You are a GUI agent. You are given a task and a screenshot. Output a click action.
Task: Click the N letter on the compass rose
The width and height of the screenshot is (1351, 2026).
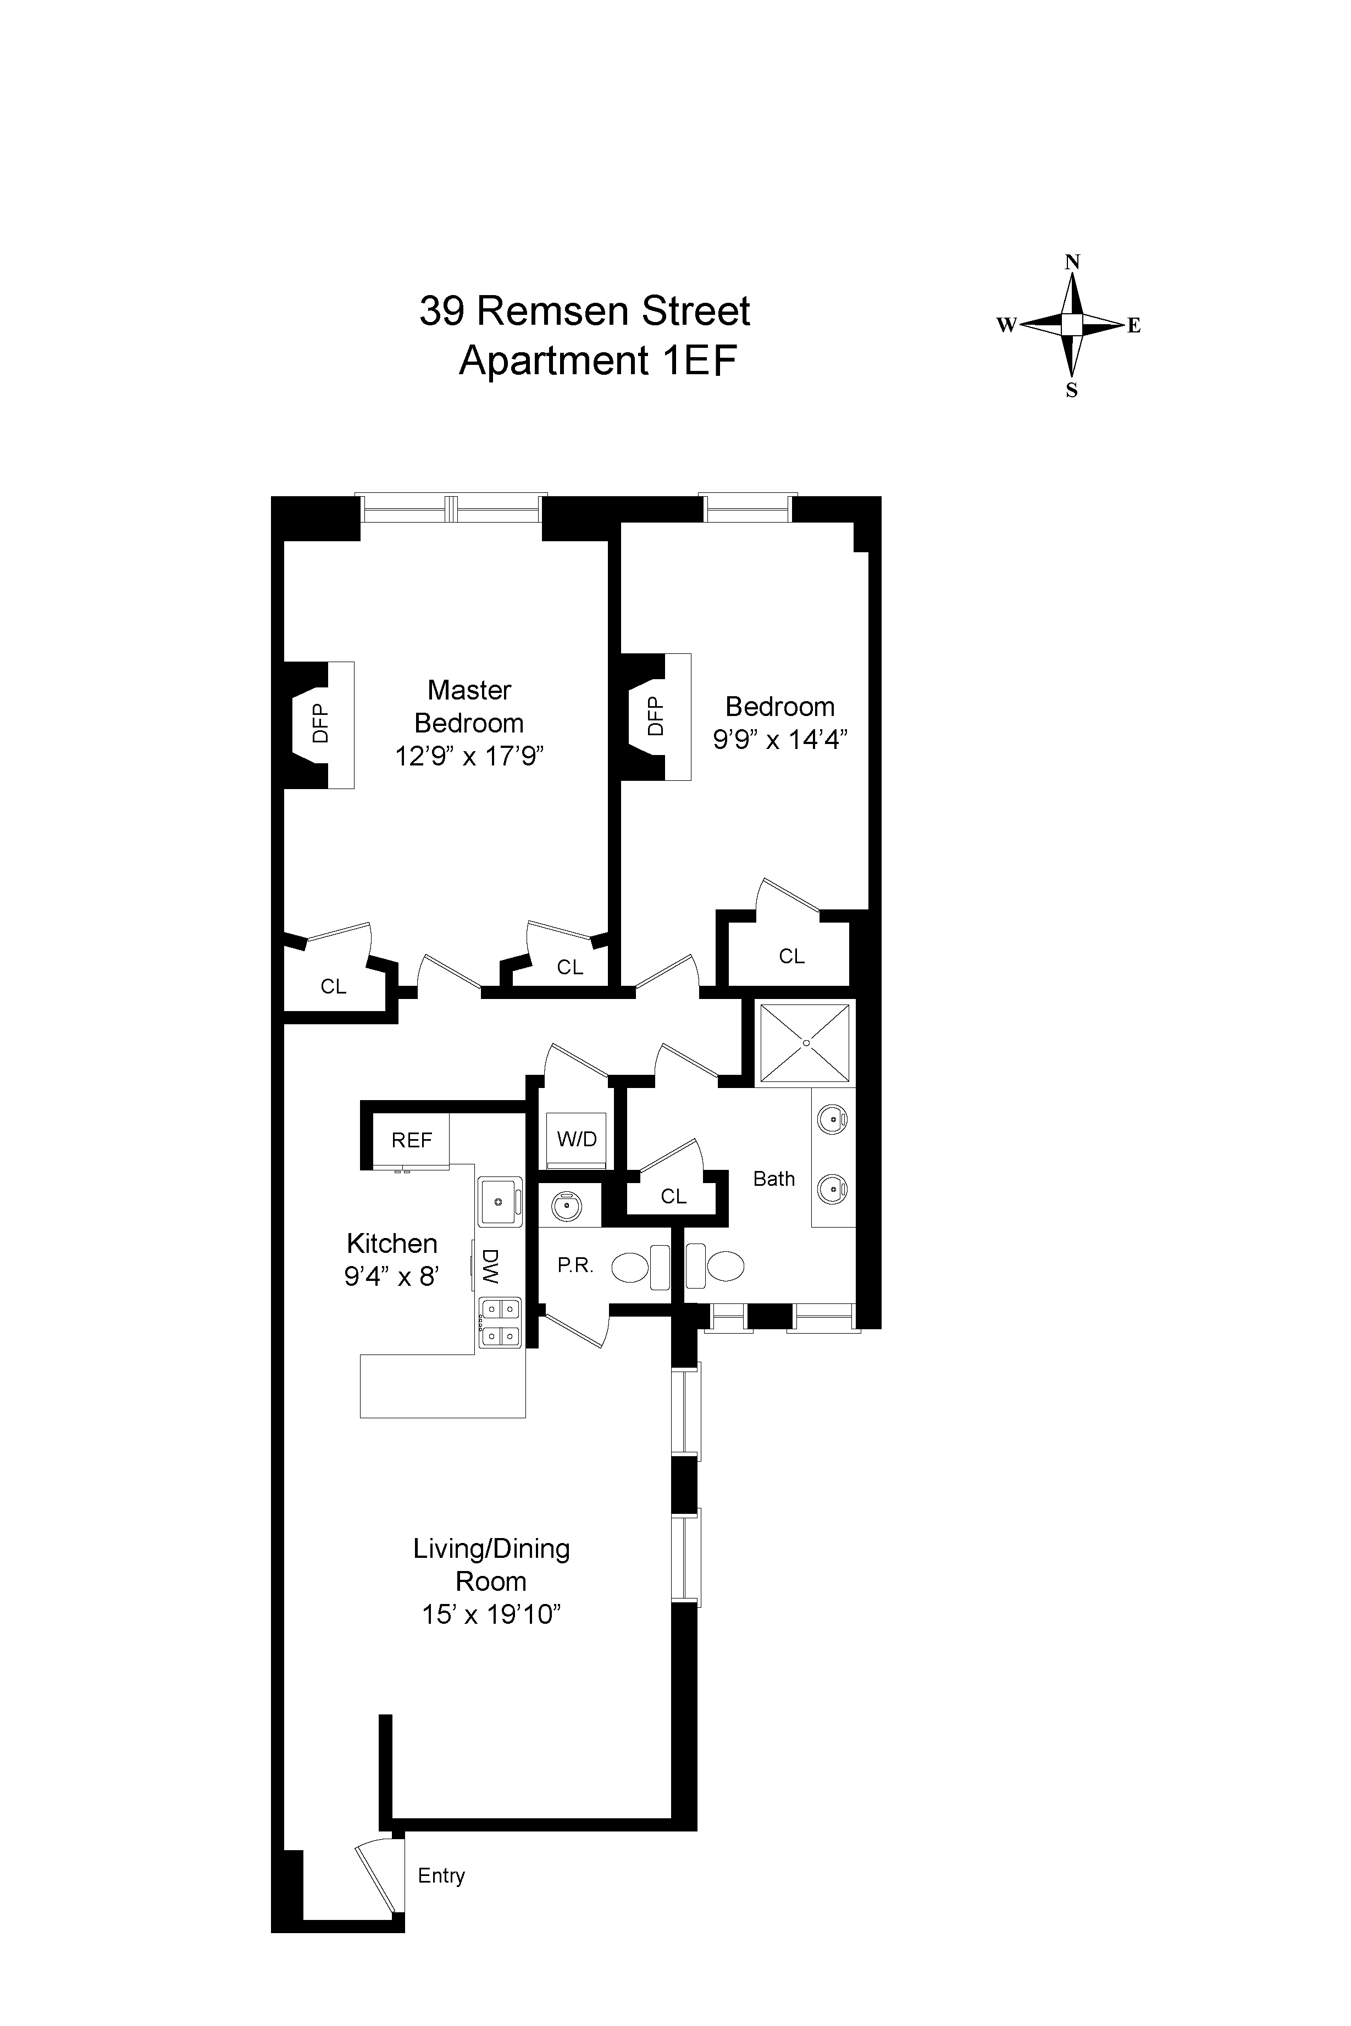pos(1072,262)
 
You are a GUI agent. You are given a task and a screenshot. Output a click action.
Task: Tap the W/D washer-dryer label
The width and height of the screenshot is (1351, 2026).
pos(577,1139)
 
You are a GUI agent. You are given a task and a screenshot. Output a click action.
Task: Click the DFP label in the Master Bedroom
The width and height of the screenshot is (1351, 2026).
pos(320,724)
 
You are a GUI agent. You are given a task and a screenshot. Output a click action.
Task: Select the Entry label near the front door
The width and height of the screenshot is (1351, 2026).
pos(441,1875)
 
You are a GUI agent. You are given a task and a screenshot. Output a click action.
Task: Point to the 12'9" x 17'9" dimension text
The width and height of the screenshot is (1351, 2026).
pos(469,756)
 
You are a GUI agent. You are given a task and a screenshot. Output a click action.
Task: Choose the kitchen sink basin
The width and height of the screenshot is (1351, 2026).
pos(498,1201)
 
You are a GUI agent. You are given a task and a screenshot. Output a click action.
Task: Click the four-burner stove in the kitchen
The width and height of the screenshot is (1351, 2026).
pos(500,1322)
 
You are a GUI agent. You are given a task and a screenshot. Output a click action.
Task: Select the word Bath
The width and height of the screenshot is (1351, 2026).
pos(774,1178)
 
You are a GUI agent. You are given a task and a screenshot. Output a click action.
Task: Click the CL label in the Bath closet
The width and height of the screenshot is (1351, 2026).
pos(674,1196)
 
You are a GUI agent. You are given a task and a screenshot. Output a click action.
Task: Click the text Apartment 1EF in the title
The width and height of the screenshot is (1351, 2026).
pos(598,360)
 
